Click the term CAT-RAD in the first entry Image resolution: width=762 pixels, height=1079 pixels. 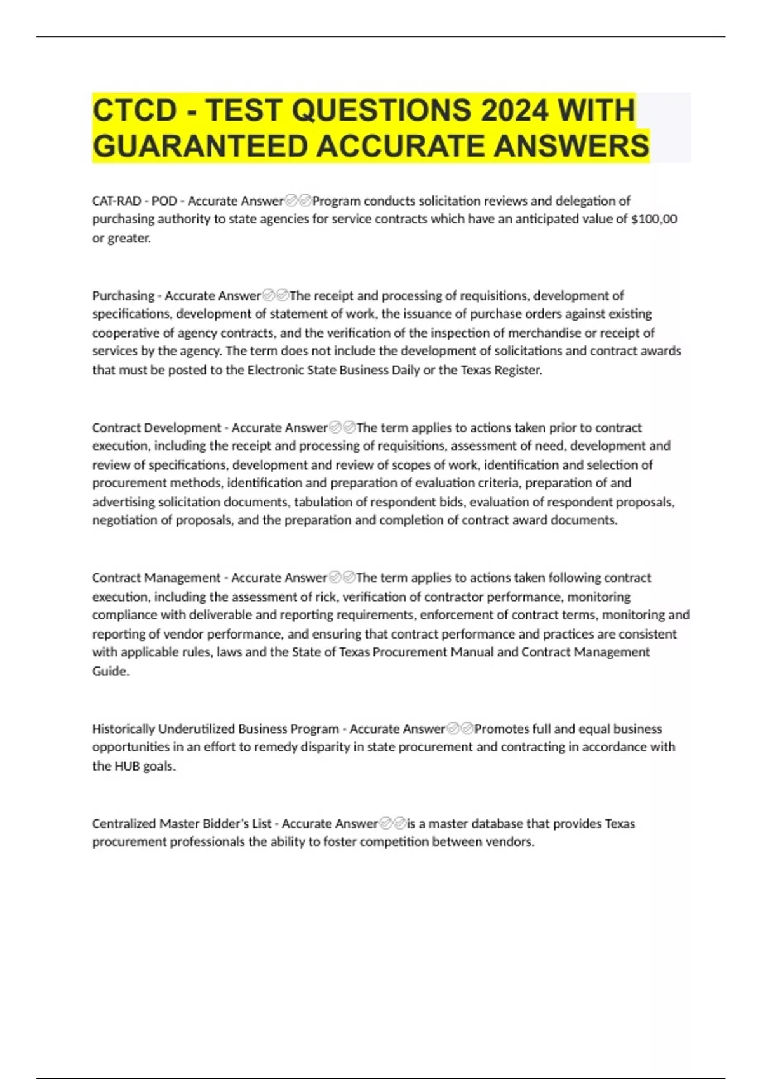click(117, 201)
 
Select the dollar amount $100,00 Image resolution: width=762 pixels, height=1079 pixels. click(655, 219)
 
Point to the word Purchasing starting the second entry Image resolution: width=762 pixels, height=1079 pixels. click(123, 296)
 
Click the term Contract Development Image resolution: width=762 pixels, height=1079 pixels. click(156, 428)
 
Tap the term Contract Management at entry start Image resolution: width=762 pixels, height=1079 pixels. click(156, 578)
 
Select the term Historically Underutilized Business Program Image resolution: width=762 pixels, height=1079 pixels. click(215, 729)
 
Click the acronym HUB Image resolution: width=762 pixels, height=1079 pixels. click(127, 766)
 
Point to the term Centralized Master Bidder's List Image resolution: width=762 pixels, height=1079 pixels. click(182, 824)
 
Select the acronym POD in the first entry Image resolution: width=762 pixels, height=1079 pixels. click(164, 201)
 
